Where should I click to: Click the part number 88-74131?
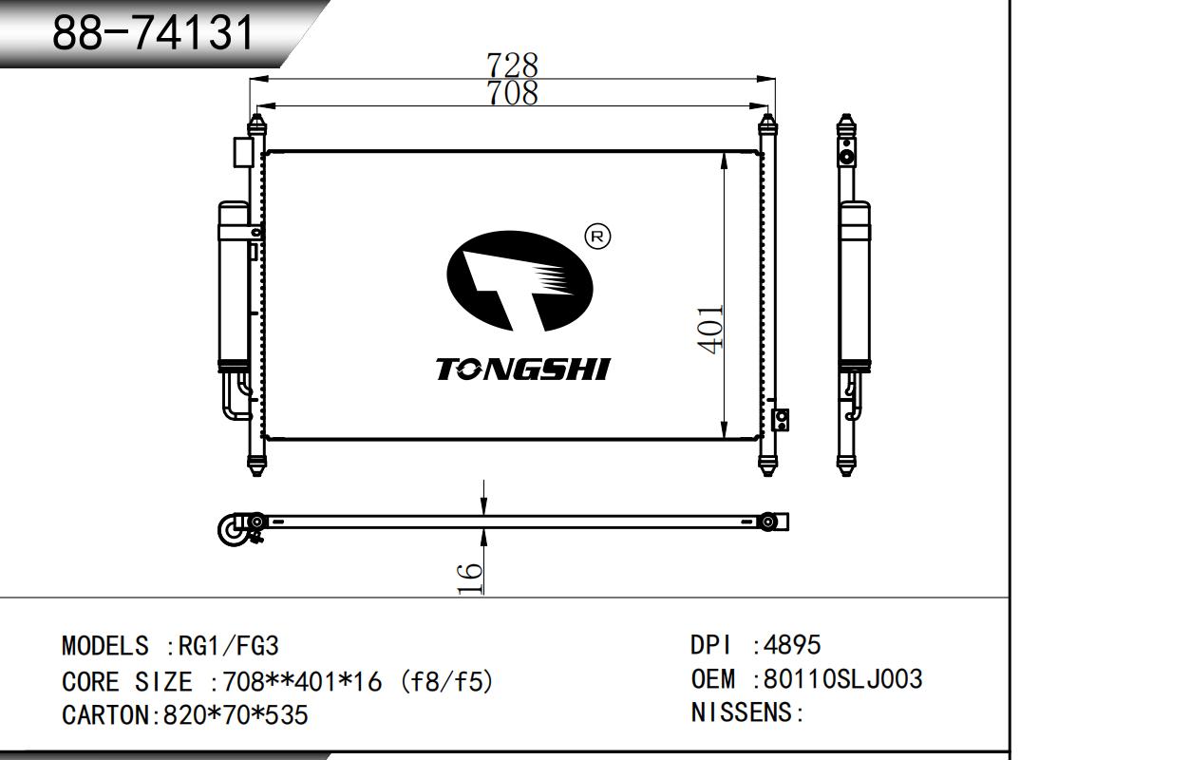click(x=153, y=34)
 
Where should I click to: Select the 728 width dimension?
click(x=512, y=65)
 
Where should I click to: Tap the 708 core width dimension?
click(x=512, y=93)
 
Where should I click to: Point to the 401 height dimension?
click(x=711, y=329)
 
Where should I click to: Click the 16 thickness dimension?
click(x=470, y=578)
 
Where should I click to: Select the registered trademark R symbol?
click(x=597, y=236)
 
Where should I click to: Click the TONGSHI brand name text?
click(x=522, y=370)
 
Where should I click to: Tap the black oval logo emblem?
click(x=519, y=282)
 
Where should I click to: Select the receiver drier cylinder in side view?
click(x=854, y=285)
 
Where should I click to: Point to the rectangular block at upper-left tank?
click(x=242, y=152)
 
